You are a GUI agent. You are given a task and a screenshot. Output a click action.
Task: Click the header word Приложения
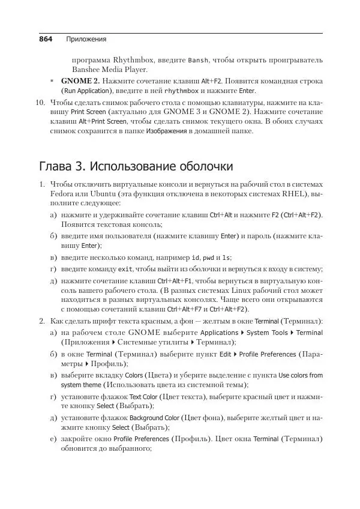(x=86, y=40)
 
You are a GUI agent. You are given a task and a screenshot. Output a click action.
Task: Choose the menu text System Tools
(x=267, y=333)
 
